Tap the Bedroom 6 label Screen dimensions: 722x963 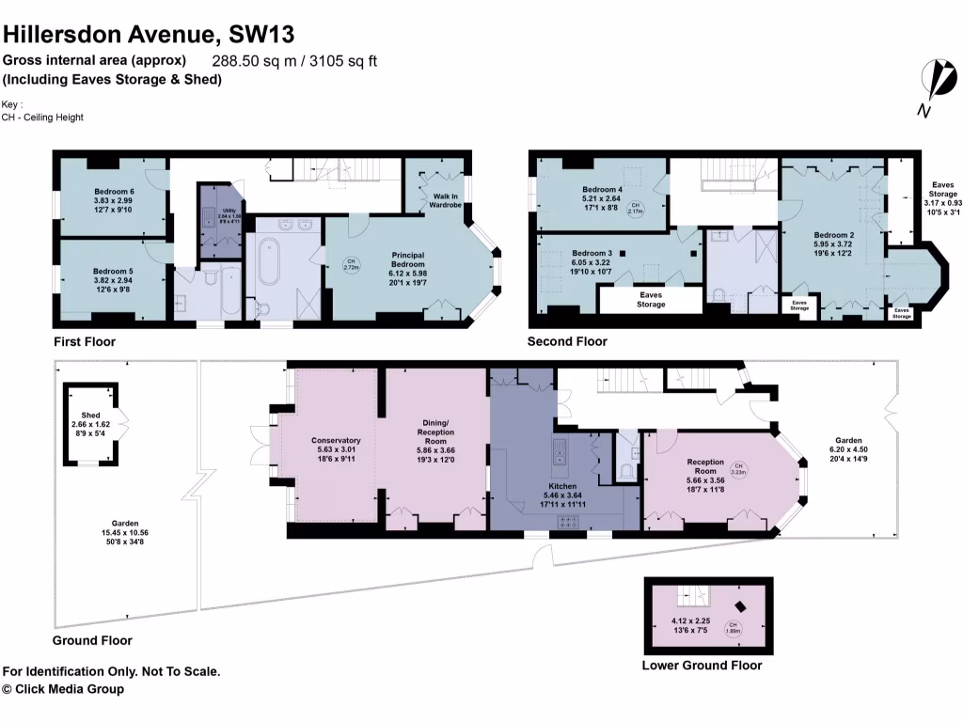[112, 191]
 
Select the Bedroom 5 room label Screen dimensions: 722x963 [112, 271]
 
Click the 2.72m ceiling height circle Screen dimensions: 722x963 [352, 264]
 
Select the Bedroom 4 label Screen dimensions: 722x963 [601, 188]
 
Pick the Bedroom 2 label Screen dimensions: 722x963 [833, 235]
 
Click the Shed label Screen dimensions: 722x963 [90, 415]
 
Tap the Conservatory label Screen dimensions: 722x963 [336, 440]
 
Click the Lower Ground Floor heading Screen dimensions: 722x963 [702, 666]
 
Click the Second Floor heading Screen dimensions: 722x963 [567, 341]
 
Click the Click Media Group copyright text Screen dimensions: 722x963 [63, 689]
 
